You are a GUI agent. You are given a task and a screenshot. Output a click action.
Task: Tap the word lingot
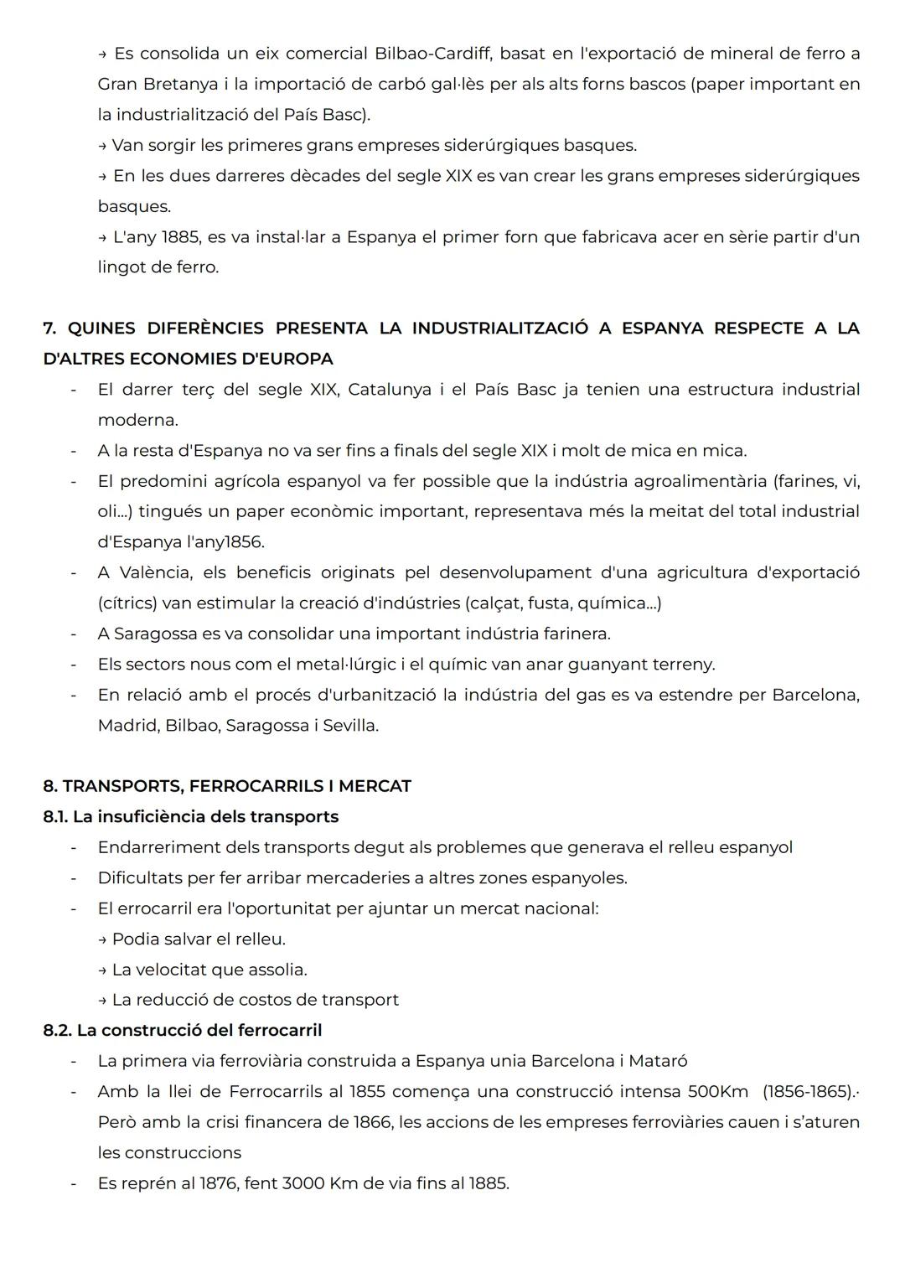point(123,267)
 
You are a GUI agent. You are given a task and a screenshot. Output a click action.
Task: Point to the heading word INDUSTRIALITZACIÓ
point(500,328)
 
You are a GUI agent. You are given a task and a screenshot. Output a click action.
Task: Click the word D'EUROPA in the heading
point(287,359)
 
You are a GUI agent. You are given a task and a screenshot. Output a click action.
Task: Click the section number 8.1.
point(55,816)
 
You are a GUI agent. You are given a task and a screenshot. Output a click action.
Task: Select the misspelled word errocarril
point(161,908)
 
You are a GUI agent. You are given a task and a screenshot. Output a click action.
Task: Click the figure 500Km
point(717,1092)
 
